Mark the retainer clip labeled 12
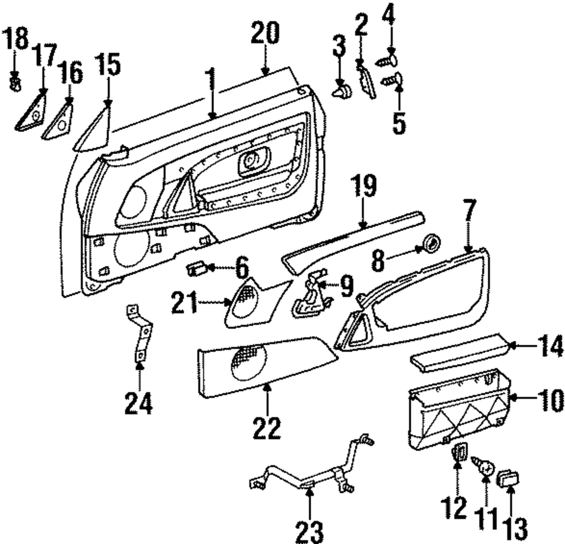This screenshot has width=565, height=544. [x=459, y=451]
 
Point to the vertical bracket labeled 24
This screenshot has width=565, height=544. [x=140, y=333]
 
